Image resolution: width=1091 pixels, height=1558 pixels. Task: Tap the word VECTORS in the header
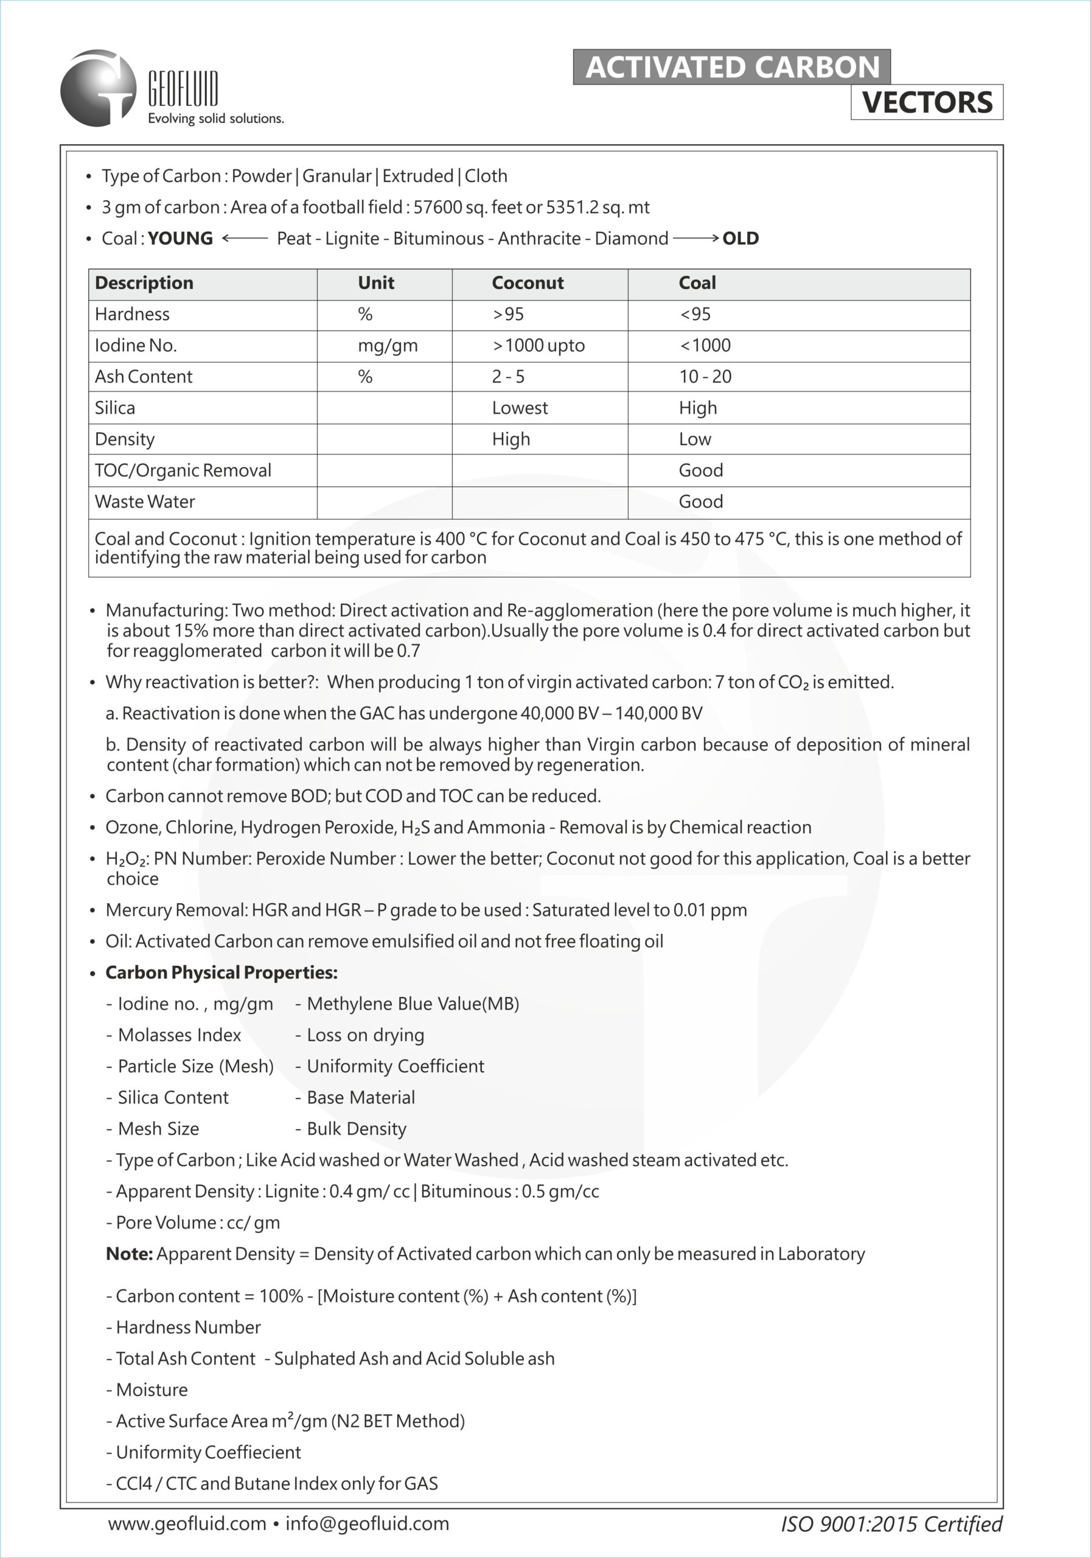click(x=927, y=102)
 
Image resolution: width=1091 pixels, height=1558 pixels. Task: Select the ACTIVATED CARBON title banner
click(x=731, y=67)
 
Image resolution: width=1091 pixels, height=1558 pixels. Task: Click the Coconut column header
click(x=527, y=283)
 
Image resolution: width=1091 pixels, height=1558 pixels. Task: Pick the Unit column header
click(x=376, y=283)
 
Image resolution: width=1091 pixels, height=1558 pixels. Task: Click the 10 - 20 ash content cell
click(x=705, y=377)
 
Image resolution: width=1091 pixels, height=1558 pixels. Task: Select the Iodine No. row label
click(x=136, y=346)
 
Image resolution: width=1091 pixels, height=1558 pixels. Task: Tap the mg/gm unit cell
click(x=388, y=346)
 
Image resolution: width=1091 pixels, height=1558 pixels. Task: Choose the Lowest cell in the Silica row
click(x=520, y=408)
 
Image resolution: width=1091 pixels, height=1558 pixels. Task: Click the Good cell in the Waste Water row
click(x=701, y=501)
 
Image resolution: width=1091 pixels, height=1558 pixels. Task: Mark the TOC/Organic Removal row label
click(x=183, y=470)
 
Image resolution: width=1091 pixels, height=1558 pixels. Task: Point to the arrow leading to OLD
click(x=695, y=238)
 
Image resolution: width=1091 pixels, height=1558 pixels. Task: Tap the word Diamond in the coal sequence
click(x=631, y=238)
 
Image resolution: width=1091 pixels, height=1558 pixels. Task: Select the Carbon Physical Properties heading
click(x=221, y=973)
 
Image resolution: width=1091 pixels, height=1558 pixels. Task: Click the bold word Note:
click(x=129, y=1253)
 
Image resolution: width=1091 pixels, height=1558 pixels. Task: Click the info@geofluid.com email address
click(x=367, y=1523)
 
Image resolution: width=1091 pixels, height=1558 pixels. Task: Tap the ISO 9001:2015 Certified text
click(x=891, y=1524)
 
